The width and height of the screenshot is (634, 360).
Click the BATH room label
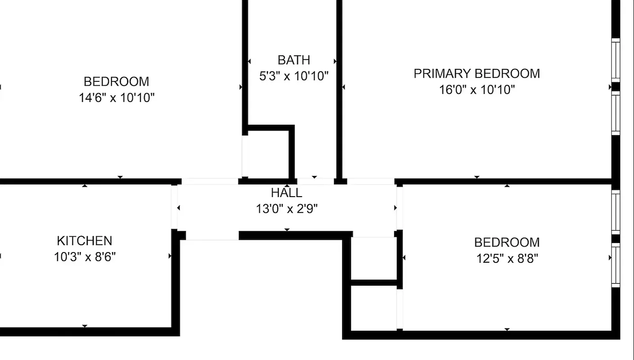tap(293, 60)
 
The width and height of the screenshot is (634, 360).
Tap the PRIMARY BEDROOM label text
tap(477, 73)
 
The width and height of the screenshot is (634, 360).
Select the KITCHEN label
tap(84, 241)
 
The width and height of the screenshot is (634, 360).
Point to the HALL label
tap(287, 193)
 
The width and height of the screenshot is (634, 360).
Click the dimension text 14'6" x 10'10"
tap(117, 98)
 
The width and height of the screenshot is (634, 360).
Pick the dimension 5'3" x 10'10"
tap(294, 76)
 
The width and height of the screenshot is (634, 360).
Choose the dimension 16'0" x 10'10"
tap(477, 90)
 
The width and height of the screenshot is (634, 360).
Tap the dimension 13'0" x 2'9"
tap(287, 209)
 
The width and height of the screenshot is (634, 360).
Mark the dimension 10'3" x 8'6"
tap(85, 257)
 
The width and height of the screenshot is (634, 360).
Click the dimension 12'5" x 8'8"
tap(507, 259)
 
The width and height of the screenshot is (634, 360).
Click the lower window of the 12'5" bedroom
tap(616, 265)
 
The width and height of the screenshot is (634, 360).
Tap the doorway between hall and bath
tap(315, 181)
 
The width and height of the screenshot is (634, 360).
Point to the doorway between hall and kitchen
tap(174, 207)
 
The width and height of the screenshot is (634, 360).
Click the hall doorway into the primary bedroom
tap(371, 181)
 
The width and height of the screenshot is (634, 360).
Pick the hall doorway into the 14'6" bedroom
tap(210, 181)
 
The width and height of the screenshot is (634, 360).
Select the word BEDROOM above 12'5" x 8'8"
tap(507, 243)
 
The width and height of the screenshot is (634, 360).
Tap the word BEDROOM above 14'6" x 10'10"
tap(117, 81)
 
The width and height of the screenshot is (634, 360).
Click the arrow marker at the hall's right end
tap(395, 208)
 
